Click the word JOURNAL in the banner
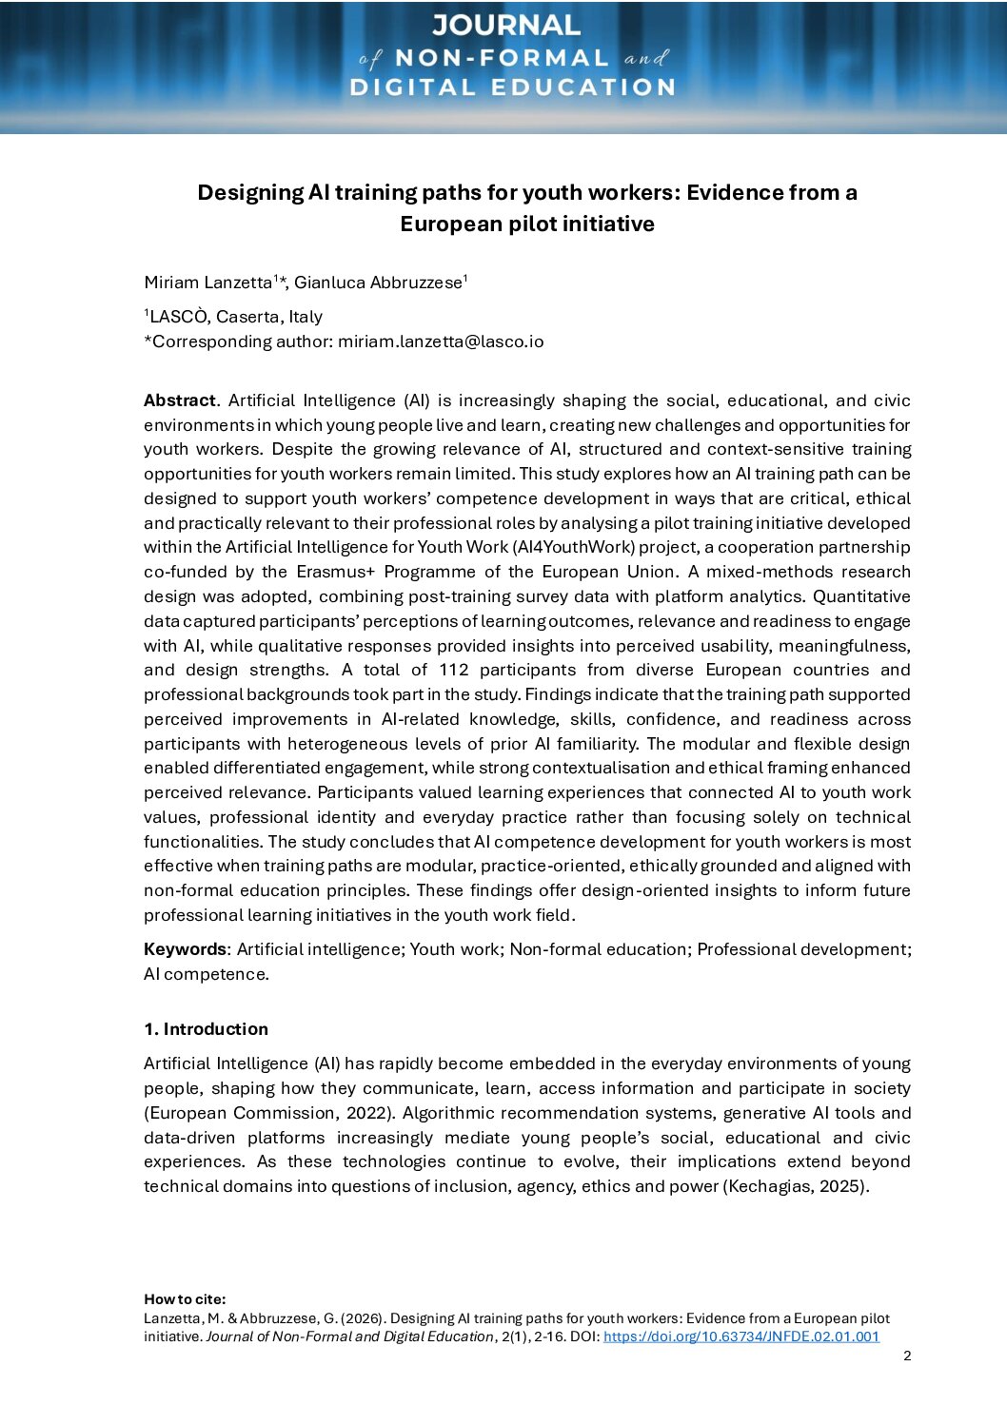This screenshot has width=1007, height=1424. tap(505, 25)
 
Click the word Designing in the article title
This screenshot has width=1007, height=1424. tap(250, 193)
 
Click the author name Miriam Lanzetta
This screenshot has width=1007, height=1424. tap(207, 283)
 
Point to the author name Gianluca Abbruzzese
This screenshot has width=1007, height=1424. tap(378, 283)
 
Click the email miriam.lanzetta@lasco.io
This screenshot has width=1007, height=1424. tap(441, 341)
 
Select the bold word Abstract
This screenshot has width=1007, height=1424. tap(179, 400)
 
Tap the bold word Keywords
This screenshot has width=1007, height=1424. tap(185, 949)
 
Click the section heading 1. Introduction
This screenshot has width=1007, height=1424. tap(206, 1029)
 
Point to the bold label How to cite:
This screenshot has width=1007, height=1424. tap(185, 1299)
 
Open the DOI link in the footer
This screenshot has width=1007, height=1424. tap(740, 1336)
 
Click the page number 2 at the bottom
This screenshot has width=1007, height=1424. tap(907, 1356)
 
